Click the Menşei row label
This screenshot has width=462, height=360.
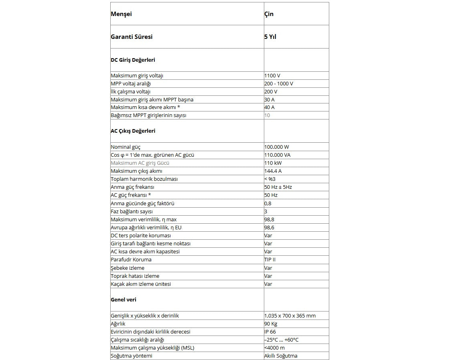point(121,14)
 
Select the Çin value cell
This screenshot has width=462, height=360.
point(269,14)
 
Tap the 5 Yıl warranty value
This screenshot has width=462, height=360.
point(270,37)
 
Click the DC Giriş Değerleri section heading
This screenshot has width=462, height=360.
point(133,60)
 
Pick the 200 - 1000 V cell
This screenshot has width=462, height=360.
point(278,83)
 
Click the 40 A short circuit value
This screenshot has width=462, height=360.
point(269,107)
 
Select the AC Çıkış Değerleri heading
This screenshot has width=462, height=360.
point(133,131)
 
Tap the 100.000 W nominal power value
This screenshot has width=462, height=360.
point(276,147)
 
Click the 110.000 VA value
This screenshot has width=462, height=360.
point(278,155)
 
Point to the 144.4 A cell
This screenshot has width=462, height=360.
point(273,171)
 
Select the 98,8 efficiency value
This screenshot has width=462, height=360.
point(269,220)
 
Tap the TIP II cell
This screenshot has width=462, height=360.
point(270,260)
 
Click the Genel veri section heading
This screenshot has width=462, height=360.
point(124,300)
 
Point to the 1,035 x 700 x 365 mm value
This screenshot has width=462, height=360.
point(290,316)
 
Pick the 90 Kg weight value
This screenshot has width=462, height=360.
point(271,324)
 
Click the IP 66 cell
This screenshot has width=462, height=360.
point(270,332)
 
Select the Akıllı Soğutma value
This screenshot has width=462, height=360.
point(281,356)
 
